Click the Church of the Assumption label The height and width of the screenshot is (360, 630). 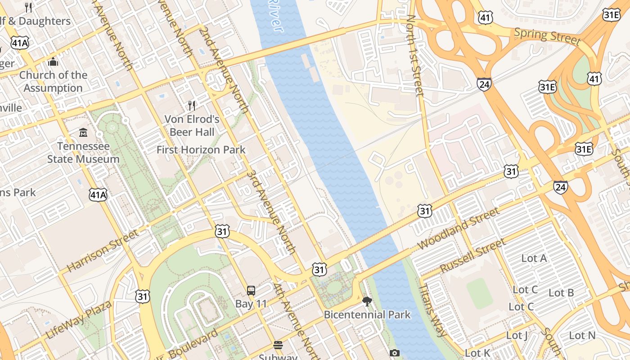click(53, 81)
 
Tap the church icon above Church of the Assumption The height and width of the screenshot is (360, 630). click(53, 62)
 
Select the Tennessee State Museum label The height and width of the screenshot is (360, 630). click(83, 153)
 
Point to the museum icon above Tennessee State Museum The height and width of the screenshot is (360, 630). click(83, 133)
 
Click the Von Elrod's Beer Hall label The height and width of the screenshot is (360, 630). click(192, 126)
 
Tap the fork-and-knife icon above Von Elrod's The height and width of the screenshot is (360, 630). click(192, 106)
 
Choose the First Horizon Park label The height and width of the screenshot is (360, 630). click(201, 150)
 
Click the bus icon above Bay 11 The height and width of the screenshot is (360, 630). click(251, 291)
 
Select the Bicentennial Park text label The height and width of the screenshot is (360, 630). click(367, 315)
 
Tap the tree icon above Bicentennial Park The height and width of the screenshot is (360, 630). click(367, 301)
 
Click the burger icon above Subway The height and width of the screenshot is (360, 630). click(278, 346)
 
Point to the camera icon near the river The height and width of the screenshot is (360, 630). click(395, 353)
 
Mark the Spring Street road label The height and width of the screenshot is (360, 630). click(547, 36)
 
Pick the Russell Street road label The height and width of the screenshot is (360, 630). click(472, 256)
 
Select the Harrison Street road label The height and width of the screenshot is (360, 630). click(103, 251)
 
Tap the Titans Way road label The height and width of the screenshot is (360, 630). click(433, 310)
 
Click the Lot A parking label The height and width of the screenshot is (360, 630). click(534, 258)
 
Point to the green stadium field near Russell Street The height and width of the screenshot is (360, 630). click(480, 293)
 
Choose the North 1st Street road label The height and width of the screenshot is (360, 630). click(415, 55)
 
